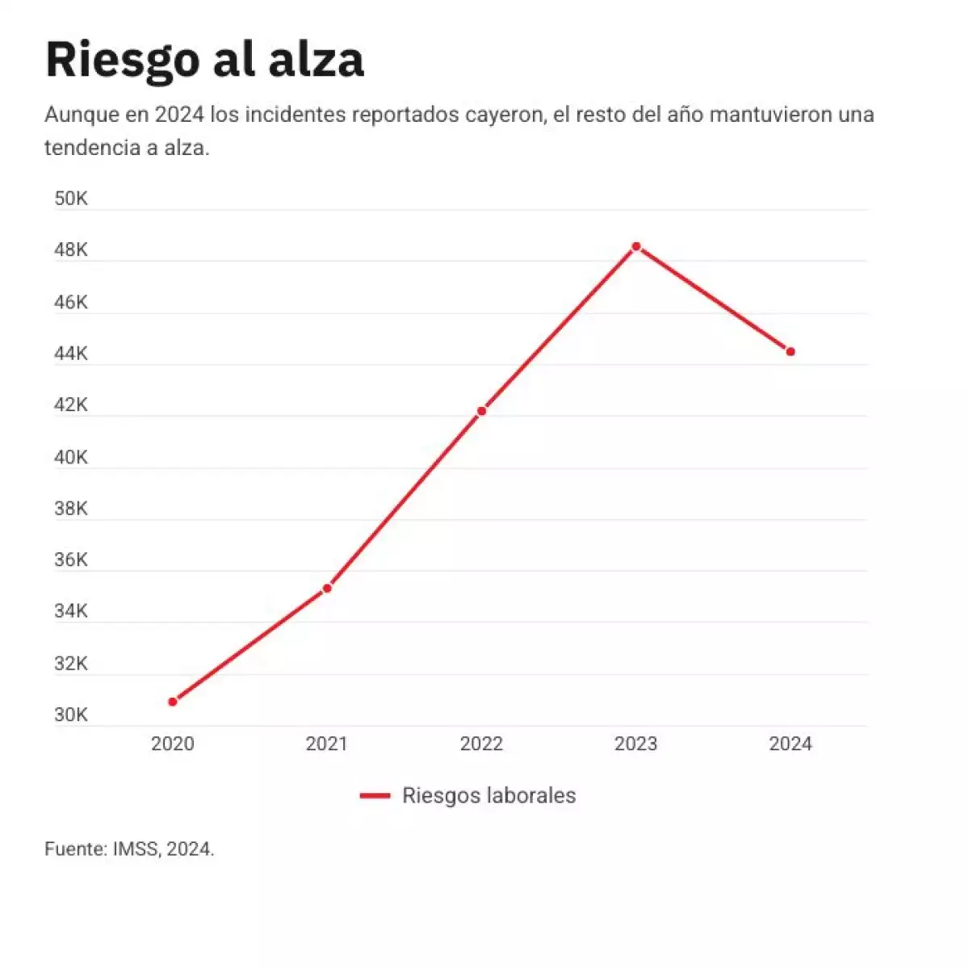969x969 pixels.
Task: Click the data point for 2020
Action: coord(173,702)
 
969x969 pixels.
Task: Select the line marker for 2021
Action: coord(327,589)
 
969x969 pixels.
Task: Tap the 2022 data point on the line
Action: coord(481,411)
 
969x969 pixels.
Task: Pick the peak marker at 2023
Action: coord(636,246)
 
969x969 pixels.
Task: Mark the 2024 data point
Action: coord(791,352)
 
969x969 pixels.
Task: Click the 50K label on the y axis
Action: coord(71,199)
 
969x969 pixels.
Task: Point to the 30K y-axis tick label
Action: coord(71,715)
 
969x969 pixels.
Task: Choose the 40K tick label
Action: coord(71,457)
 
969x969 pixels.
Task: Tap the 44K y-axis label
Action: coord(71,354)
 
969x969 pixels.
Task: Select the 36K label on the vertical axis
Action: coord(71,560)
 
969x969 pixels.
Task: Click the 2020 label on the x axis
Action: coord(173,744)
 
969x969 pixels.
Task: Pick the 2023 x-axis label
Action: coord(636,744)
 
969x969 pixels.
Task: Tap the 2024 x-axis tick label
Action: coord(791,744)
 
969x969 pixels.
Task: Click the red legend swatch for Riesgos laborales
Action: coord(375,796)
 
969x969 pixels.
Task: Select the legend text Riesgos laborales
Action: coord(489,795)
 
